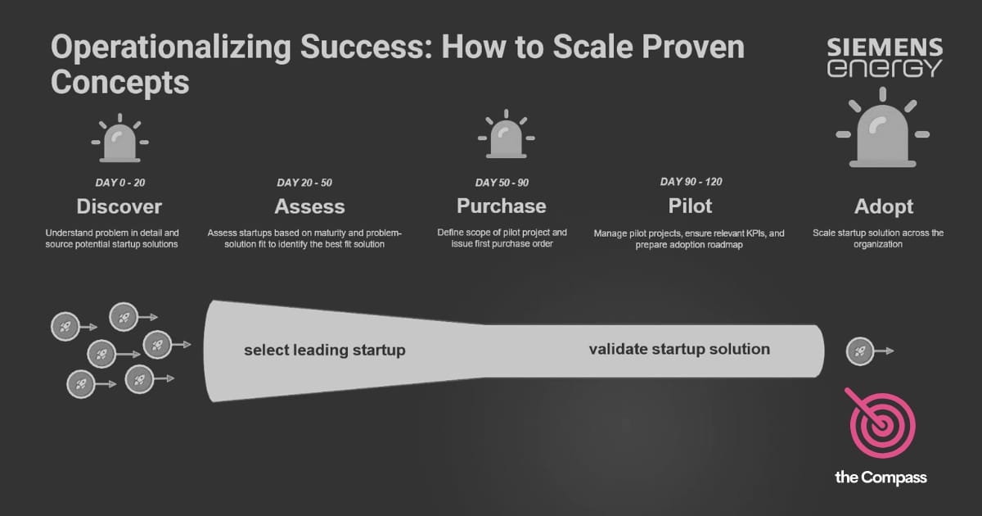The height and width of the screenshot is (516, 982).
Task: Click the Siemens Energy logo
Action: point(884,57)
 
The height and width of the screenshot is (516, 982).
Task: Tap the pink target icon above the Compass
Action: point(881,424)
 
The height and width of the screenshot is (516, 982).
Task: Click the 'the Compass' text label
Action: point(881,478)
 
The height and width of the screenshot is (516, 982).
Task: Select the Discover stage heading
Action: point(119,206)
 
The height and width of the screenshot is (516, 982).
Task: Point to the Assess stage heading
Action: point(309,206)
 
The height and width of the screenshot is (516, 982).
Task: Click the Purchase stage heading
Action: point(501,206)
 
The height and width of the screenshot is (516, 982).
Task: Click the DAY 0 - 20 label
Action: point(120,183)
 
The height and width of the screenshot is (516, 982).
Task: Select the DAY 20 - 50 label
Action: point(304,183)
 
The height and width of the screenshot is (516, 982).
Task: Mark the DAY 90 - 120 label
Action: point(691,182)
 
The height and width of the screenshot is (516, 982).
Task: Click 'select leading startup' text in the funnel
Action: point(325,351)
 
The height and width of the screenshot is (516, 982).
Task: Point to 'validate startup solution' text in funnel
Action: point(679,349)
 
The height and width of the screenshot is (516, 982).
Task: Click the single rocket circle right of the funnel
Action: point(859,351)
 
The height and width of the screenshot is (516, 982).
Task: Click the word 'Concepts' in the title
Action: point(119,82)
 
